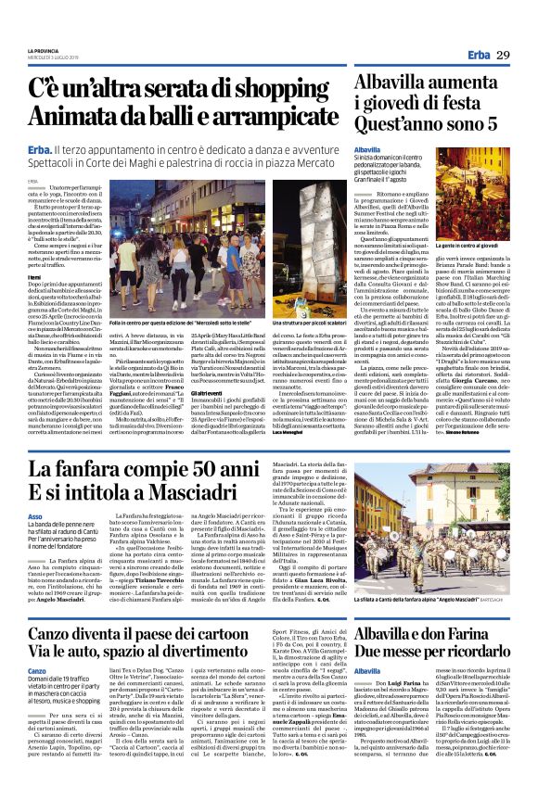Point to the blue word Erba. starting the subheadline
(x=40, y=150)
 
